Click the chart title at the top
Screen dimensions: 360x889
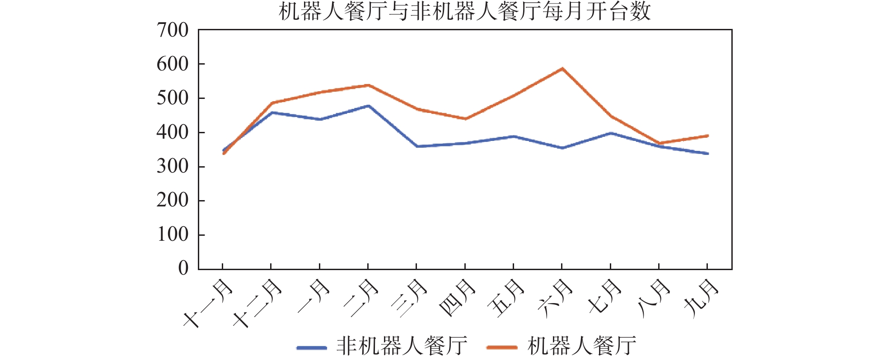click(x=464, y=12)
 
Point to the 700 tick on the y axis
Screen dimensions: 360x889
click(x=173, y=30)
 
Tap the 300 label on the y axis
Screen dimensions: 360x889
click(x=173, y=166)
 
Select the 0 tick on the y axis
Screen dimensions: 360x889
click(x=183, y=268)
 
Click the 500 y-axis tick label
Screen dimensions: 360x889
click(x=173, y=98)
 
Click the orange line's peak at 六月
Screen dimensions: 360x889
click(x=562, y=69)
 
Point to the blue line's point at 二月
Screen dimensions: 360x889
click(x=368, y=106)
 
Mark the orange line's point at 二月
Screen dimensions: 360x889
click(x=368, y=85)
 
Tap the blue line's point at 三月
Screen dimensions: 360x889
click(x=416, y=146)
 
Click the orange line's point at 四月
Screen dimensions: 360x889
click(x=465, y=119)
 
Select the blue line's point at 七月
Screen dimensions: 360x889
click(x=611, y=133)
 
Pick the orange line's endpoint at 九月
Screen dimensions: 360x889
click(x=707, y=136)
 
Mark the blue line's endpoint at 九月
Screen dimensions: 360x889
click(x=707, y=154)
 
